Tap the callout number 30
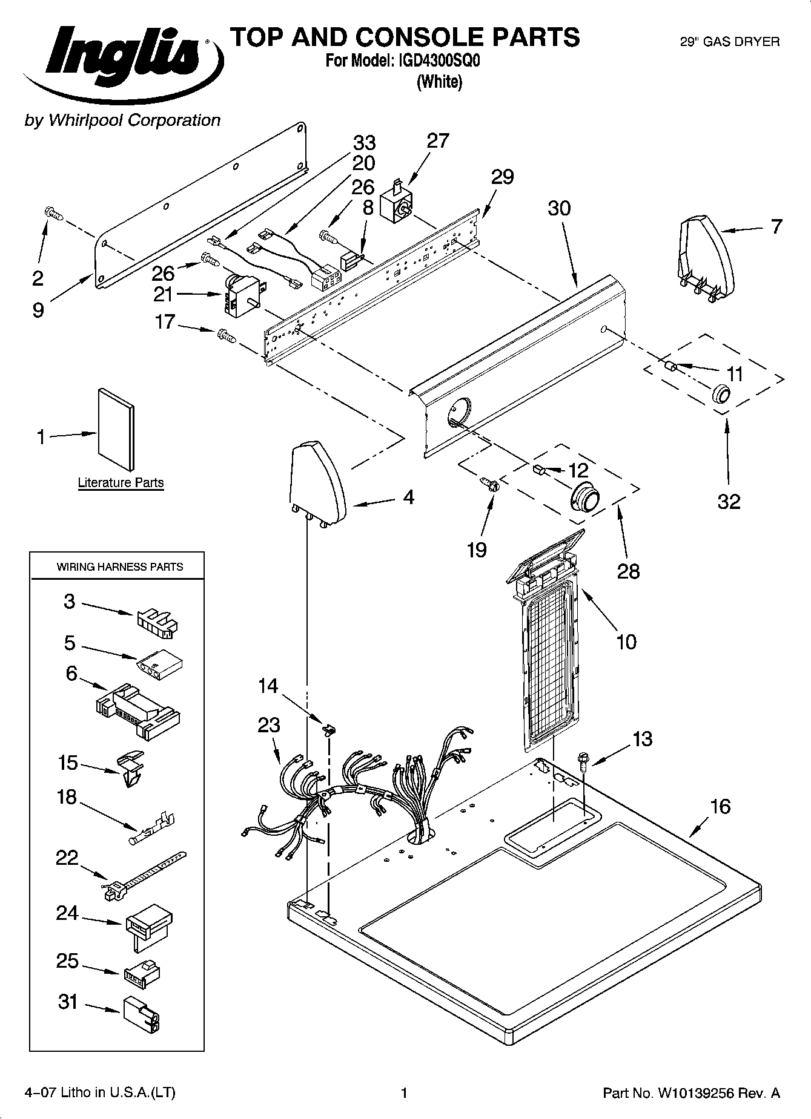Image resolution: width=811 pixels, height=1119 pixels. click(559, 208)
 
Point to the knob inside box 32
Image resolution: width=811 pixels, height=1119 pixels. click(721, 394)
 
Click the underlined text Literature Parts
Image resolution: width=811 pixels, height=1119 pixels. click(121, 483)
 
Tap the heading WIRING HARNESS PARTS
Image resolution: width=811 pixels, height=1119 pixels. click(120, 567)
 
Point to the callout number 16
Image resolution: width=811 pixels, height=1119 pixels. click(720, 807)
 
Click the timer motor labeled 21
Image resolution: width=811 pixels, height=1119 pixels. click(242, 294)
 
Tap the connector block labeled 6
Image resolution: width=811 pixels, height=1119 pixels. click(138, 710)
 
